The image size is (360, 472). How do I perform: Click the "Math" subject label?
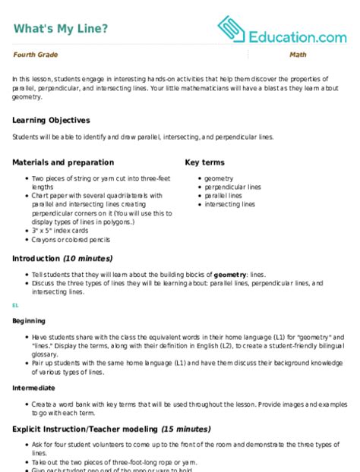[x=298, y=56]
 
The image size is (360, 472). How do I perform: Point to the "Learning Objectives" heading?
[x=51, y=120]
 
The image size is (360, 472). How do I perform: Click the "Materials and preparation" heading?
[x=63, y=162]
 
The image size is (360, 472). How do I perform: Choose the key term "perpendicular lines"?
[x=232, y=187]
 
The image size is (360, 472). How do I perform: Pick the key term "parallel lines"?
[x=223, y=196]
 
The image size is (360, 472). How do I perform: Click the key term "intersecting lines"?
[x=229, y=205]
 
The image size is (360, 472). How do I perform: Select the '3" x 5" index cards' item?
[x=60, y=231]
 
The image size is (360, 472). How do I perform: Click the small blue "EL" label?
[x=15, y=305]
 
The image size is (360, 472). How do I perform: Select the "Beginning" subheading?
[x=29, y=321]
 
